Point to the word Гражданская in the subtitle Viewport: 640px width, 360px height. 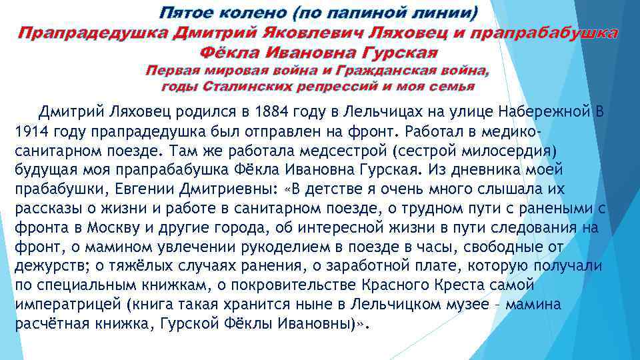tap(376, 70)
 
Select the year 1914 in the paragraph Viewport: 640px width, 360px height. tap(29, 130)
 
